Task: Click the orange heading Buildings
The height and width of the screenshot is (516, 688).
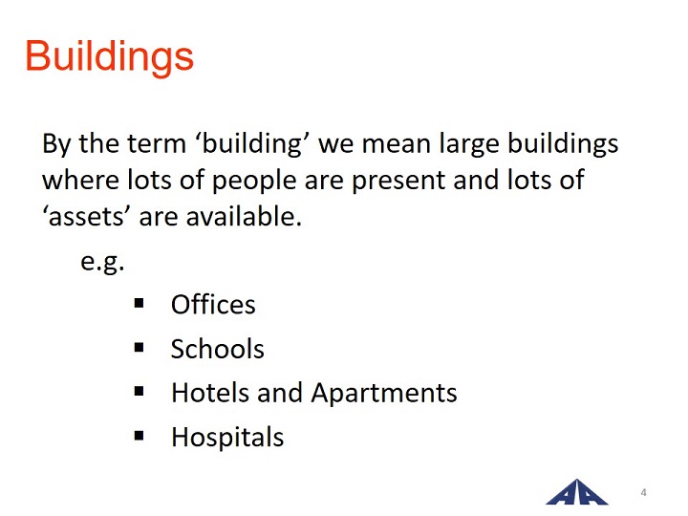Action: click(109, 56)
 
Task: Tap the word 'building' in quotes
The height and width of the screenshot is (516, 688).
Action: click(252, 144)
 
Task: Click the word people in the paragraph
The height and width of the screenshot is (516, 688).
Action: click(254, 181)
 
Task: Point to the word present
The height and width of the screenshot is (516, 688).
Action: click(398, 181)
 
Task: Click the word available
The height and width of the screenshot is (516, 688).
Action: click(244, 216)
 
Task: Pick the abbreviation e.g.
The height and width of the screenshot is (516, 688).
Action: click(102, 262)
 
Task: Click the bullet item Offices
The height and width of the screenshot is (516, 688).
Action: click(213, 304)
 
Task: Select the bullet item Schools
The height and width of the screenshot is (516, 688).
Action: click(218, 349)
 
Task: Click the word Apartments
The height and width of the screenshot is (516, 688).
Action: click(384, 393)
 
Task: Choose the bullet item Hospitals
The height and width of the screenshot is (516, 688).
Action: click(227, 437)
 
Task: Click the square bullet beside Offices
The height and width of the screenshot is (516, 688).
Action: click(140, 303)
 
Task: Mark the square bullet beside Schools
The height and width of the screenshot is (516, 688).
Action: click(140, 348)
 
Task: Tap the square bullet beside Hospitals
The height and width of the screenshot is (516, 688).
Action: click(140, 436)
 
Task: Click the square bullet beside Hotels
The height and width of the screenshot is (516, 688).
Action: click(140, 392)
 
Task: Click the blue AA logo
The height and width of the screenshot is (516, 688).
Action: click(577, 492)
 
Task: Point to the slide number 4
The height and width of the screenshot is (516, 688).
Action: click(643, 492)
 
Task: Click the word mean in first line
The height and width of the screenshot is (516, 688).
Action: click(396, 144)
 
